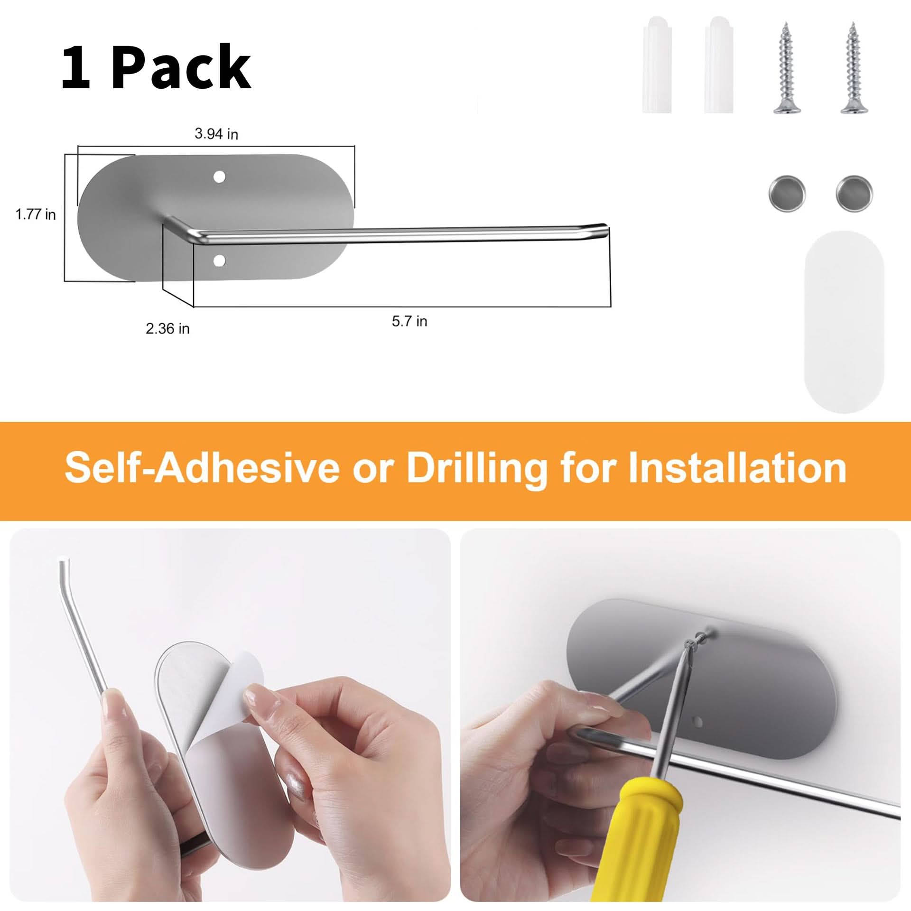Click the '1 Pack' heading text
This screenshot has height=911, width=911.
(156, 67)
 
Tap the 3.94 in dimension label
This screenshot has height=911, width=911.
(216, 134)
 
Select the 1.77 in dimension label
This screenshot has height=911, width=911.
(36, 214)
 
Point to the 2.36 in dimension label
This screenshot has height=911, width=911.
(167, 328)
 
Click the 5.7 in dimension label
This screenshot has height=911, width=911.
(409, 321)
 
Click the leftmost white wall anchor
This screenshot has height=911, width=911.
(657, 65)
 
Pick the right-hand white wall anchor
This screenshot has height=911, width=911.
(719, 65)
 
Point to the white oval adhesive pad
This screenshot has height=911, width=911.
(844, 322)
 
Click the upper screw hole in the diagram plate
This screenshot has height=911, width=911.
(219, 177)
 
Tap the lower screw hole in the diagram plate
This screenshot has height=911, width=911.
(219, 260)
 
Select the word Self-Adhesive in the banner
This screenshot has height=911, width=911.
(202, 468)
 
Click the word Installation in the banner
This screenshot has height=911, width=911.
(737, 468)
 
